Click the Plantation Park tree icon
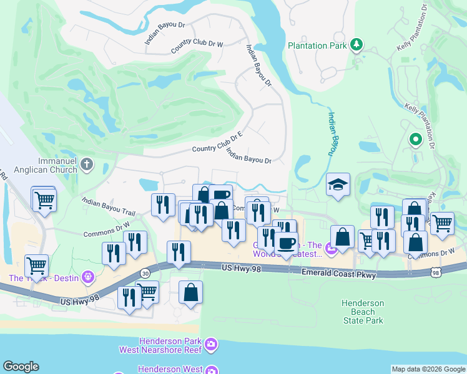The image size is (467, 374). [x=356, y=44]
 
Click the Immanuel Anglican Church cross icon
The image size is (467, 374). [x=87, y=164]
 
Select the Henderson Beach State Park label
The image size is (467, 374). [x=363, y=312]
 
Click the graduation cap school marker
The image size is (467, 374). [x=338, y=184]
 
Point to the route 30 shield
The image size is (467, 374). [x=145, y=272]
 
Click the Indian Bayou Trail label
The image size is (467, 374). [x=108, y=206]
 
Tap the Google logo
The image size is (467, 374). [x=21, y=367]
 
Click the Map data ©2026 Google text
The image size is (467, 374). [x=428, y=369]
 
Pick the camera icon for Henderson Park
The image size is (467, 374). [x=210, y=343]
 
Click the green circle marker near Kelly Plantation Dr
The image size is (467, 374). [x=415, y=140]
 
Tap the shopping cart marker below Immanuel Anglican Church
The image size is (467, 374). [x=44, y=200]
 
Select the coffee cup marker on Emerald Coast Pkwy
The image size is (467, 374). [x=287, y=243]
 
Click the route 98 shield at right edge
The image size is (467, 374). [x=436, y=272]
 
